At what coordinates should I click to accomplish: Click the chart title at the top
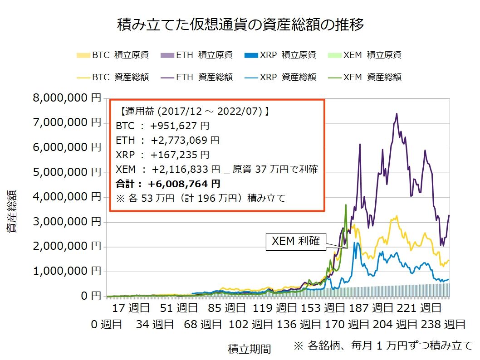tap(240, 24)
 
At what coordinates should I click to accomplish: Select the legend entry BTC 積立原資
tap(113, 55)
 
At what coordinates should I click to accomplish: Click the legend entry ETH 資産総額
tap(197, 77)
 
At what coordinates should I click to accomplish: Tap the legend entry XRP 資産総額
tap(280, 77)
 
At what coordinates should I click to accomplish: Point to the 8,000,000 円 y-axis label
tap(67, 98)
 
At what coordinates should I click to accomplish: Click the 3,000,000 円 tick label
tap(67, 222)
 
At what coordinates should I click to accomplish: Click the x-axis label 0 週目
tap(106, 324)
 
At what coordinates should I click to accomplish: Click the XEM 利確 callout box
tap(295, 242)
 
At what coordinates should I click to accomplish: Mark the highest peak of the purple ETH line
tap(397, 114)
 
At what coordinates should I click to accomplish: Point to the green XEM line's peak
tap(346, 205)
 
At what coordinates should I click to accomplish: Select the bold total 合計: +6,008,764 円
tap(168, 184)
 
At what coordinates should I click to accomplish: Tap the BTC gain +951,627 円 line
tap(162, 126)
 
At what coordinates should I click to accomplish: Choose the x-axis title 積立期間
tap(249, 349)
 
